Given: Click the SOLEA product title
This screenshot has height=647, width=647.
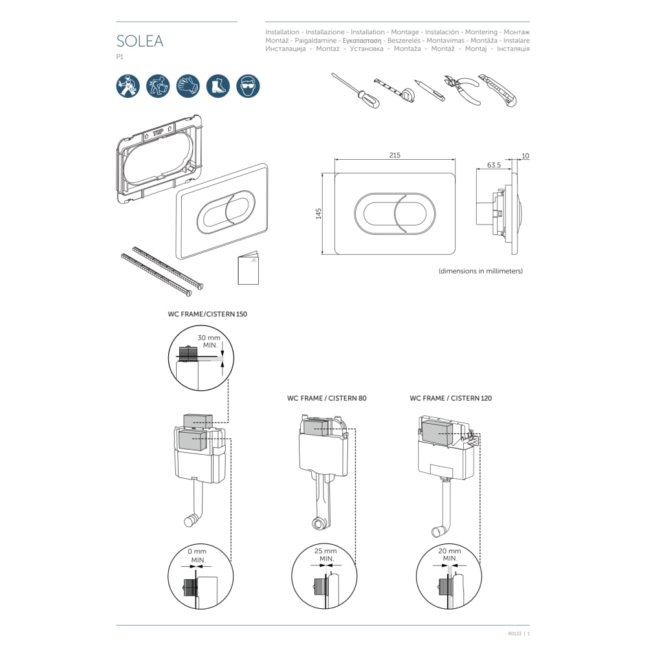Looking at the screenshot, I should click(140, 41).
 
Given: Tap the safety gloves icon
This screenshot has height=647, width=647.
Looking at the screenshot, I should click(188, 85).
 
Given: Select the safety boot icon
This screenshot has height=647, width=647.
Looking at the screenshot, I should click(218, 85).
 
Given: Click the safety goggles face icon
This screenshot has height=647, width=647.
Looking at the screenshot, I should click(248, 85).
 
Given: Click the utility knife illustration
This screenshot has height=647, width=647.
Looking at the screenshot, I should click(500, 90).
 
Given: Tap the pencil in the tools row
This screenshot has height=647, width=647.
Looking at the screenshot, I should click(430, 90).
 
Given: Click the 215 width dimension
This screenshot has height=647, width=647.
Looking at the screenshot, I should click(395, 155).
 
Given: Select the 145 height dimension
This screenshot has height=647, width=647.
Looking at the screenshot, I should click(318, 214).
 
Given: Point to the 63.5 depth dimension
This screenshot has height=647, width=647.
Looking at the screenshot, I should click(494, 165).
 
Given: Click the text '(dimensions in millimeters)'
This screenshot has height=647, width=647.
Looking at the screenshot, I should click(481, 271).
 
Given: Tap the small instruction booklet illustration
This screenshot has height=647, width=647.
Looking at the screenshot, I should click(248, 268).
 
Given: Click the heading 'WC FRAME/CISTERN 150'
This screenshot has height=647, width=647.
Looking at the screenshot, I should click(207, 314).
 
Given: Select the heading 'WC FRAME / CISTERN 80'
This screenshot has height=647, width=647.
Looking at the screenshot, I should click(327, 399).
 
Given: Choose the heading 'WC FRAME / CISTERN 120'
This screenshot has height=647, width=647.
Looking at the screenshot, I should click(450, 399).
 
